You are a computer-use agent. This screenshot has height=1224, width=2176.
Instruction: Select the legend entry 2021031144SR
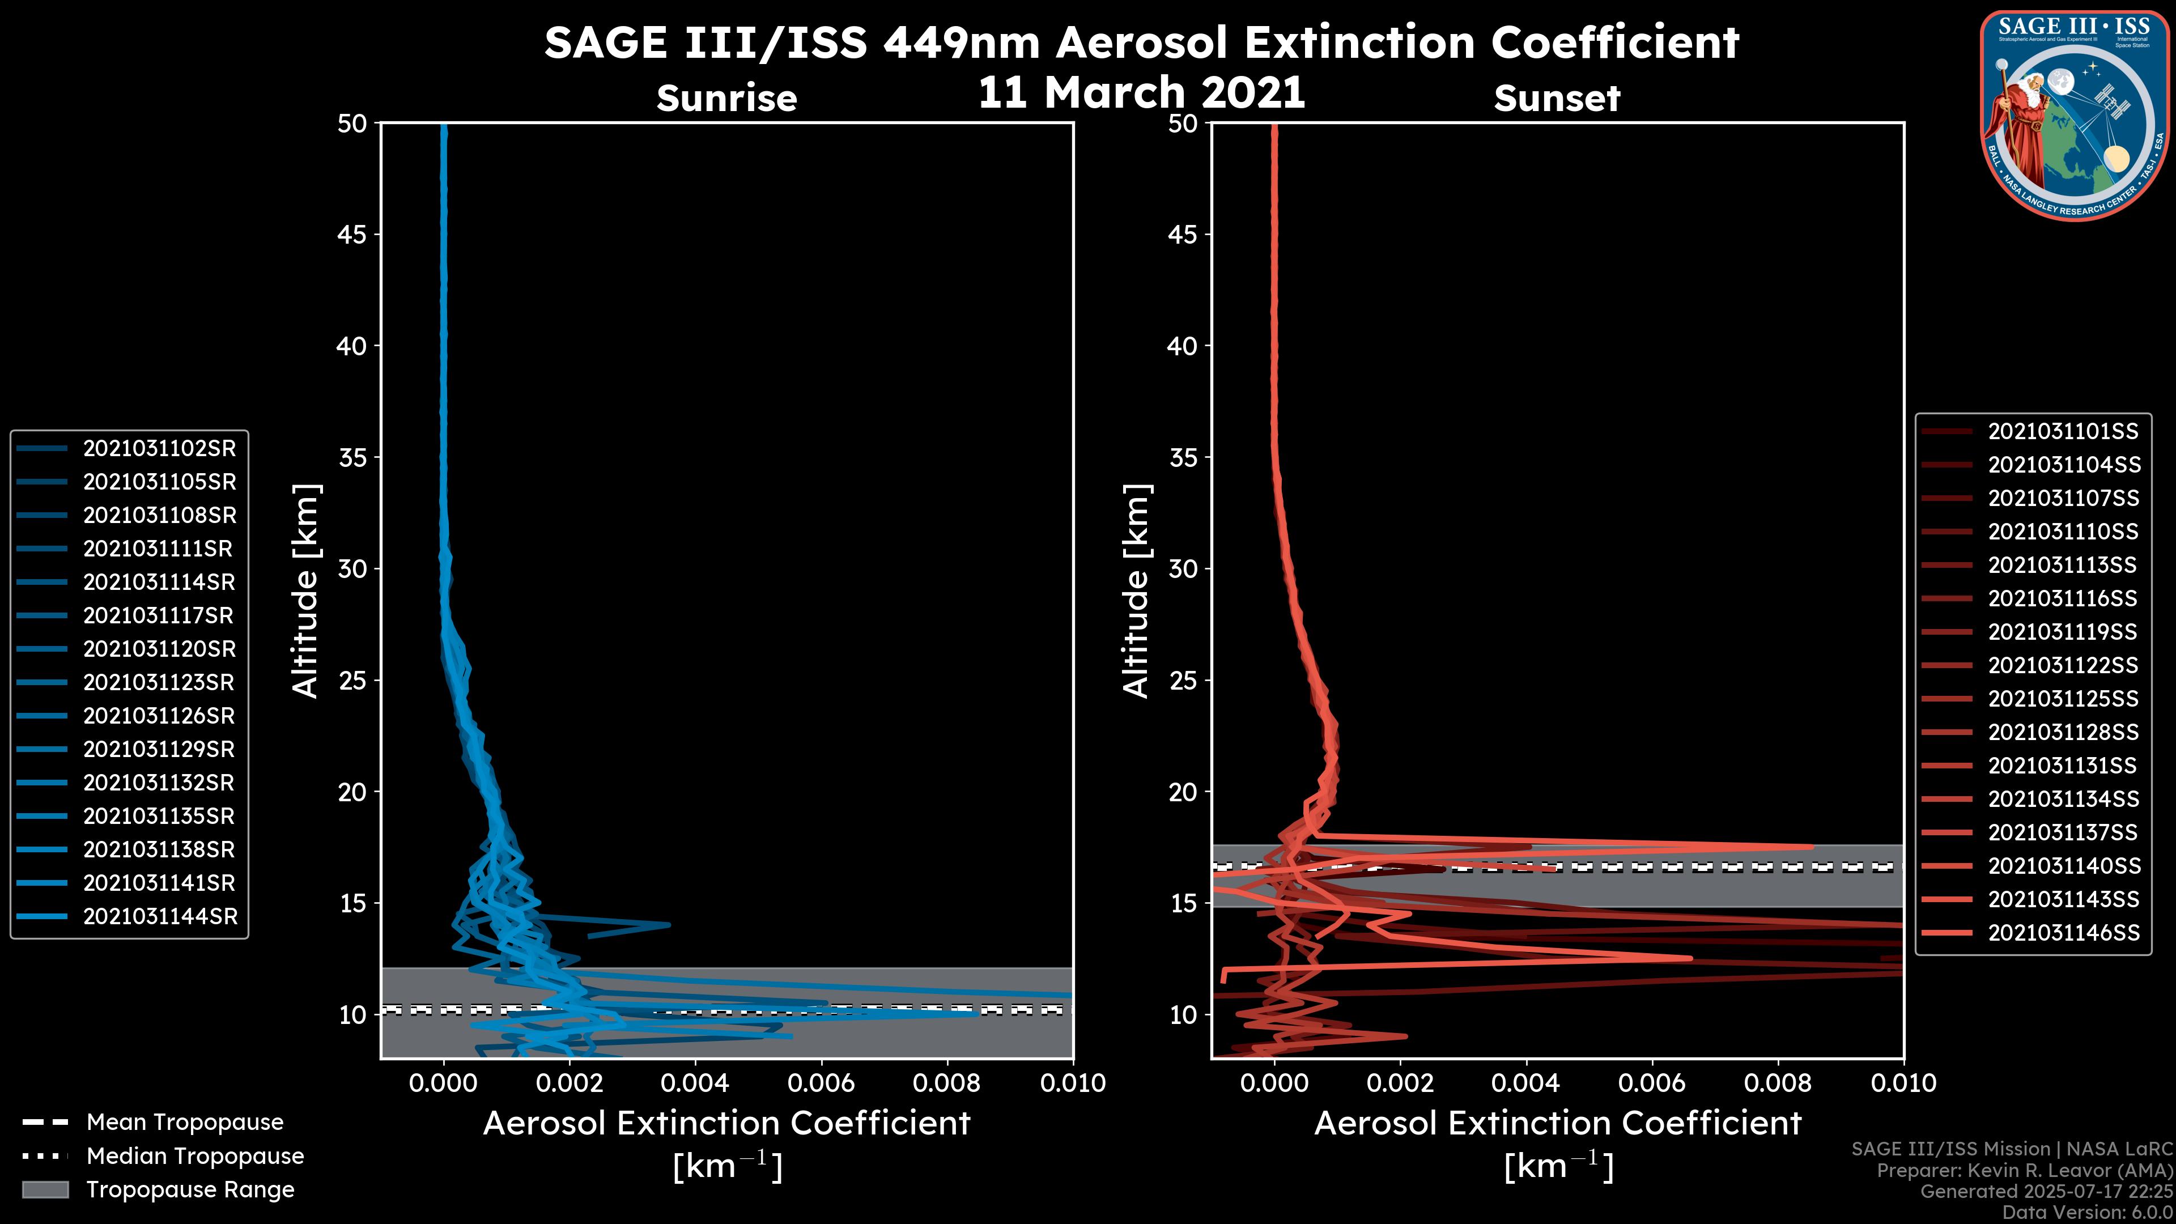pos(160,916)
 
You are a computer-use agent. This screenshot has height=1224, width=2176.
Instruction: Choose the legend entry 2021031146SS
pos(2064,933)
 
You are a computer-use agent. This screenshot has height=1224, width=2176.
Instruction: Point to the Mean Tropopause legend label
pos(185,1122)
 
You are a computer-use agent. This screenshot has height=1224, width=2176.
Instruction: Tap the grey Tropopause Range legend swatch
pos(45,1189)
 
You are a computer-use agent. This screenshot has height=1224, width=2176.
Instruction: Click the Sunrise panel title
pos(726,99)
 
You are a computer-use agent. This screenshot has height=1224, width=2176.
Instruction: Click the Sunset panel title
pos(1557,99)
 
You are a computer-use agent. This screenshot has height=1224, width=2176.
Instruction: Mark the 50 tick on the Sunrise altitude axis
pos(352,124)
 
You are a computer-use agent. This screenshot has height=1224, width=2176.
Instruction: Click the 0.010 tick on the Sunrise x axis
pos(1073,1083)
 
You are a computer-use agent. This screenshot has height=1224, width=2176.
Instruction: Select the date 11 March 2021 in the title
pos(1141,92)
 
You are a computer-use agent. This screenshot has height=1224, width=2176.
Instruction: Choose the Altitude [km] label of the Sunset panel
pos(1136,590)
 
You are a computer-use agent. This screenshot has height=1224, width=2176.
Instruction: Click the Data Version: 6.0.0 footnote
pos(2088,1212)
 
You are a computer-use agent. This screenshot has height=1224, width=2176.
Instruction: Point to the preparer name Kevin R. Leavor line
pos(2024,1170)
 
